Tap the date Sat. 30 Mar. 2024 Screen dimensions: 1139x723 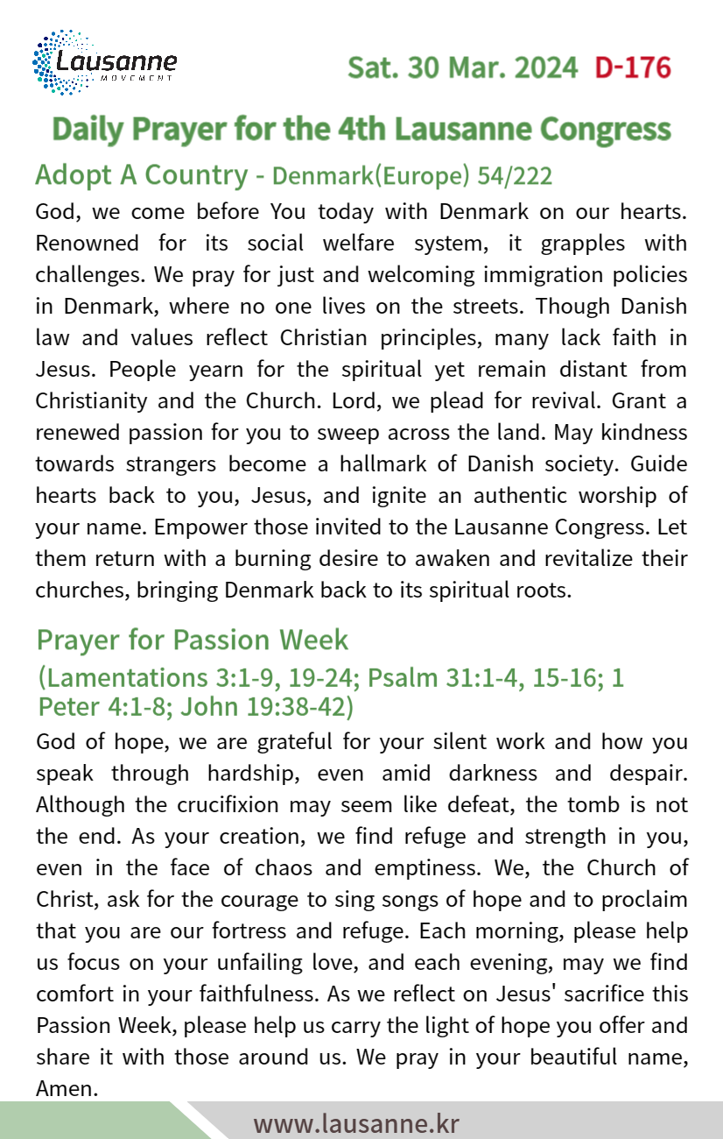point(462,67)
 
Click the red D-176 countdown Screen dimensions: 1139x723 point(632,67)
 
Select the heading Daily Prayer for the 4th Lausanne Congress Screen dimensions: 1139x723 point(361,129)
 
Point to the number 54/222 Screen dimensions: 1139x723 point(515,176)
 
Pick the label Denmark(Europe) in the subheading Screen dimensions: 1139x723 point(372,176)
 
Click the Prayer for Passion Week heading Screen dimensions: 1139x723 point(193,640)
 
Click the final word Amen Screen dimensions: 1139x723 point(65,1088)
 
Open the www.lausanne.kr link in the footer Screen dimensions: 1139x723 point(355,1123)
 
